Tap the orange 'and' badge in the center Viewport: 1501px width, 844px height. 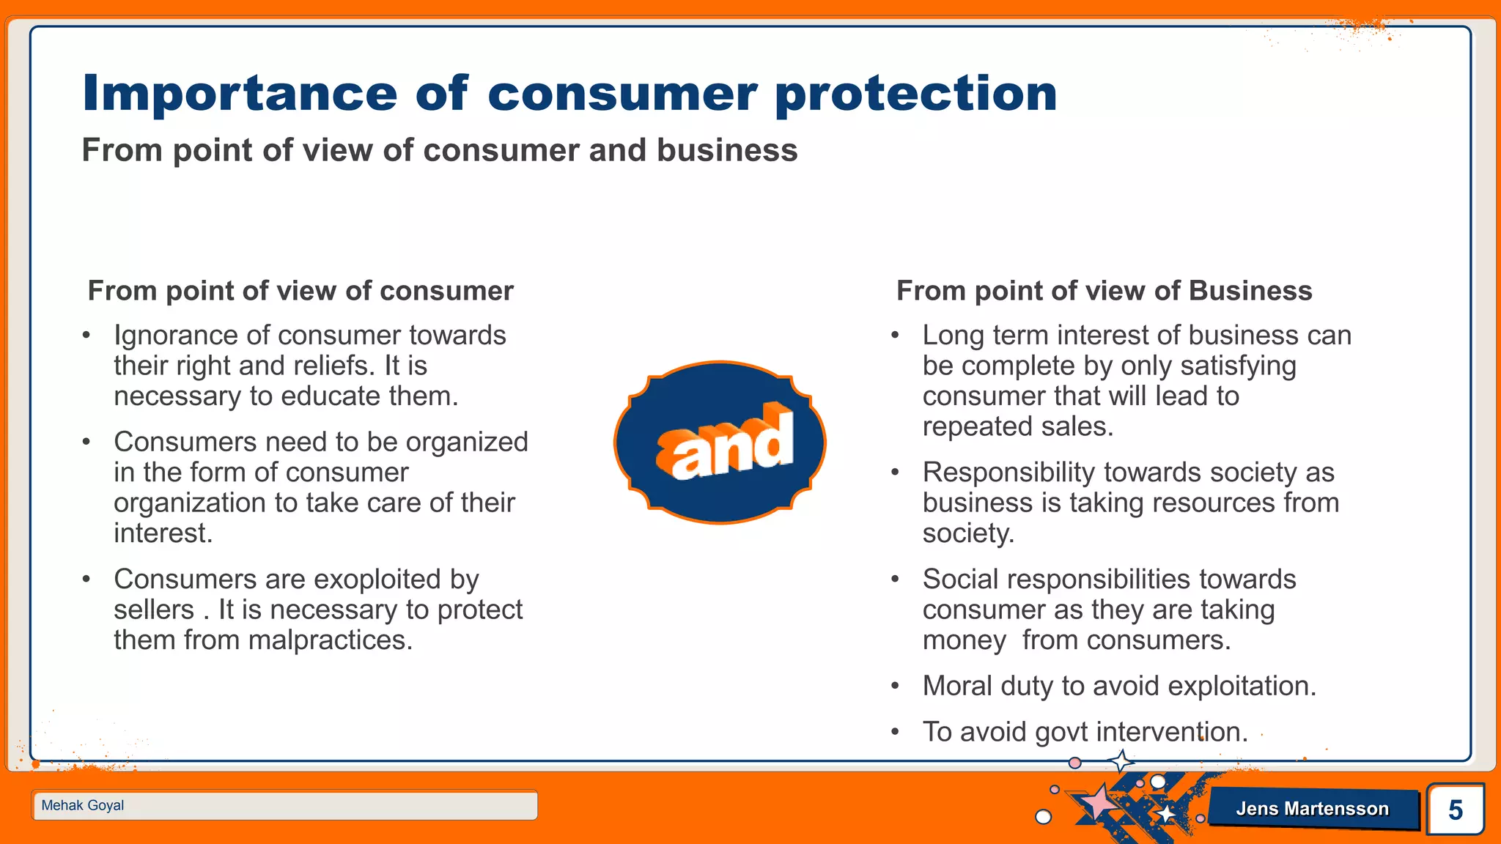pos(720,443)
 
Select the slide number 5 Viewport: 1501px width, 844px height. pos(1455,810)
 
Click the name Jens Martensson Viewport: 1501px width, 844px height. pos(1312,809)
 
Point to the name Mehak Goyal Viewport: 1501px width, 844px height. pos(83,805)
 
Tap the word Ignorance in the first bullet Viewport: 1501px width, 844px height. pos(176,336)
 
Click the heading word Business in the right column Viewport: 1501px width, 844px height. pos(1250,291)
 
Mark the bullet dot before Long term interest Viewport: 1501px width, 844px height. pos(895,336)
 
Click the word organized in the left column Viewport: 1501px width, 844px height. pos(467,443)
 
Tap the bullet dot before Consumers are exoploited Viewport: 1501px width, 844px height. pos(86,580)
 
